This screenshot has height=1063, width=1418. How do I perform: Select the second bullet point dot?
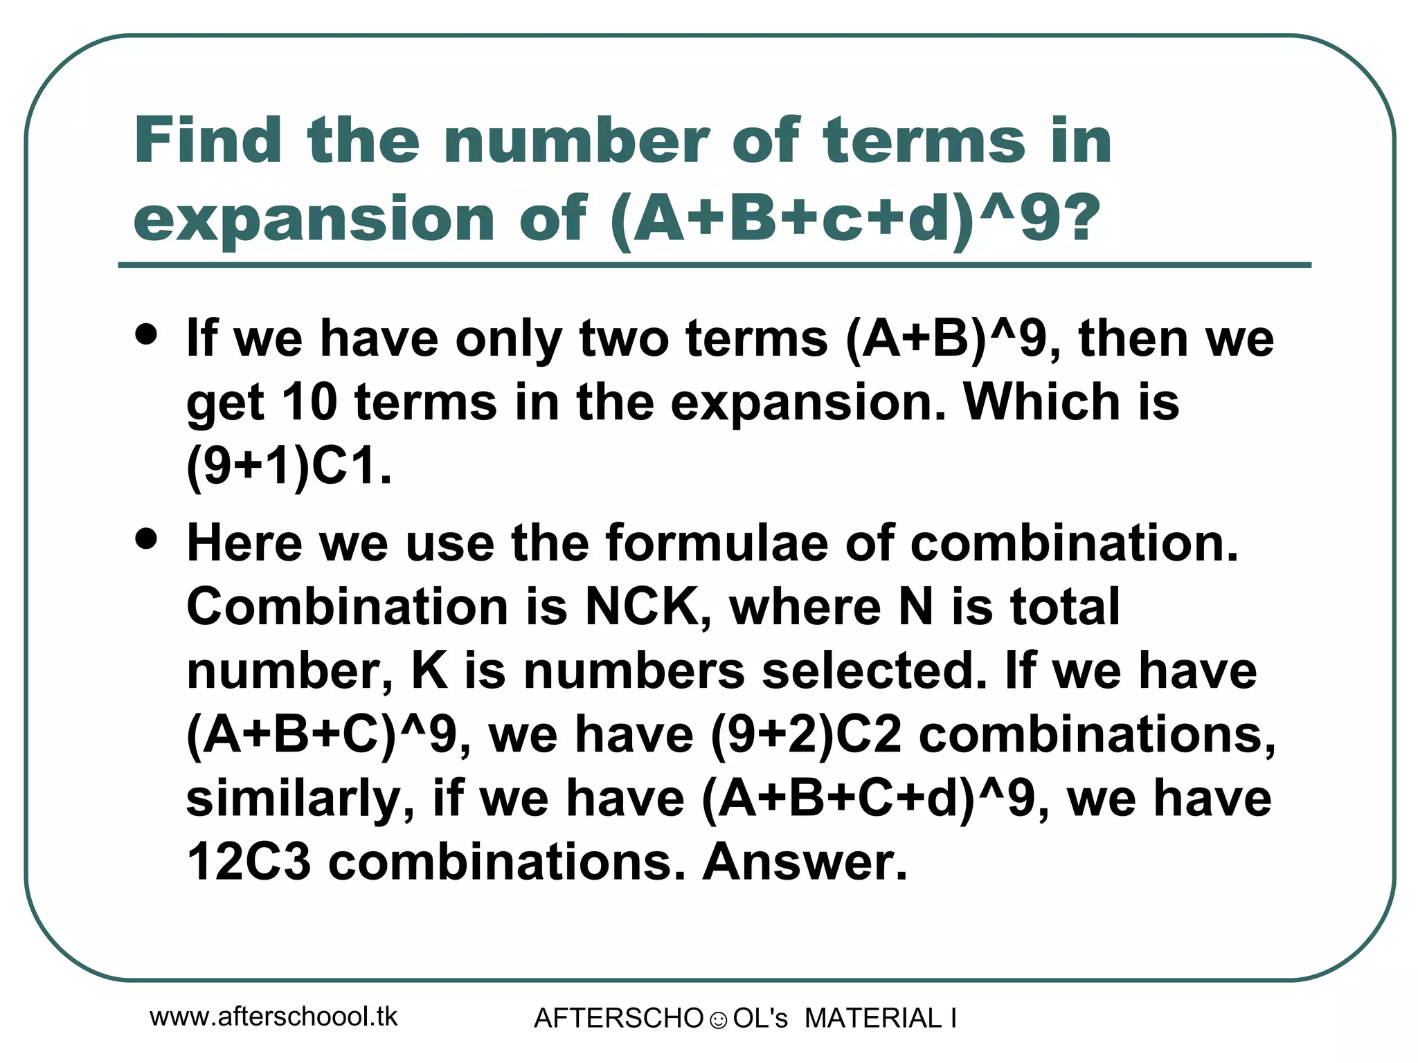click(x=147, y=538)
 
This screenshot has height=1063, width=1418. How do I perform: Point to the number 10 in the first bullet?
click(x=309, y=402)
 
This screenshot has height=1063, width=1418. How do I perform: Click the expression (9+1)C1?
click(x=289, y=466)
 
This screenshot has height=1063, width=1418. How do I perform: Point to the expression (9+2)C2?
click(x=807, y=734)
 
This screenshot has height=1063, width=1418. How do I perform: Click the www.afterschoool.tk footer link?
click(x=273, y=1017)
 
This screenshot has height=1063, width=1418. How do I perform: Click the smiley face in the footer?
click(x=718, y=1020)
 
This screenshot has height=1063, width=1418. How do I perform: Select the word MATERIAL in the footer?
click(x=873, y=1018)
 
